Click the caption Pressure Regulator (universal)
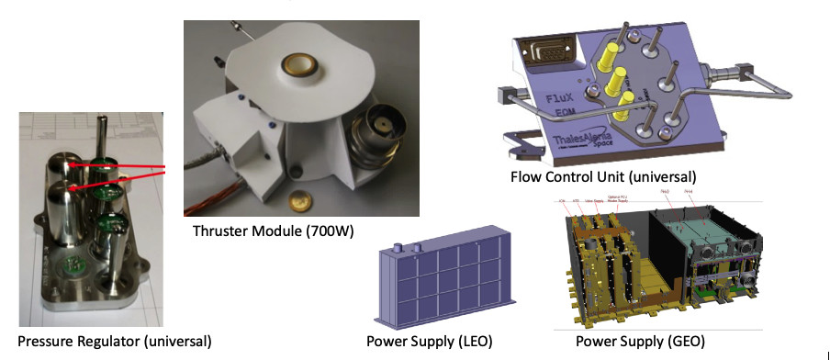(107, 341)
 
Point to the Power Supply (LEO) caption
(430, 342)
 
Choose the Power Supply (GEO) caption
(640, 342)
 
